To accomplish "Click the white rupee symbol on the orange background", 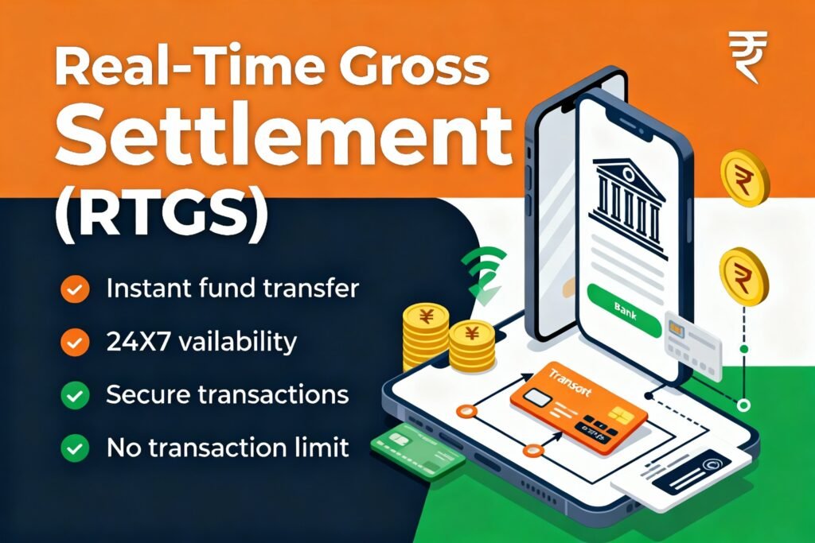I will [x=747, y=56].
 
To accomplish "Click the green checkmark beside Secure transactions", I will [x=75, y=395].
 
